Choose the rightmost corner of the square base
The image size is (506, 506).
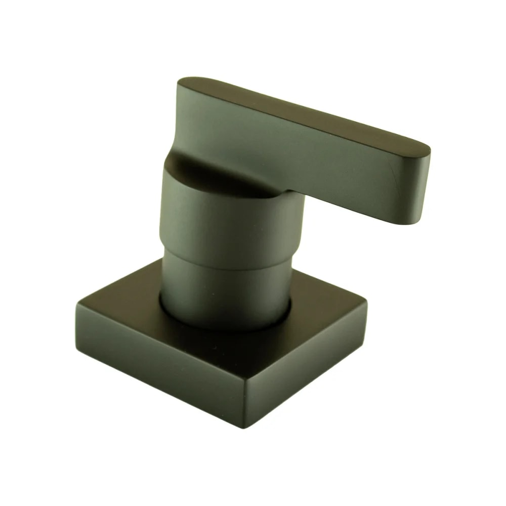point(365,304)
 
